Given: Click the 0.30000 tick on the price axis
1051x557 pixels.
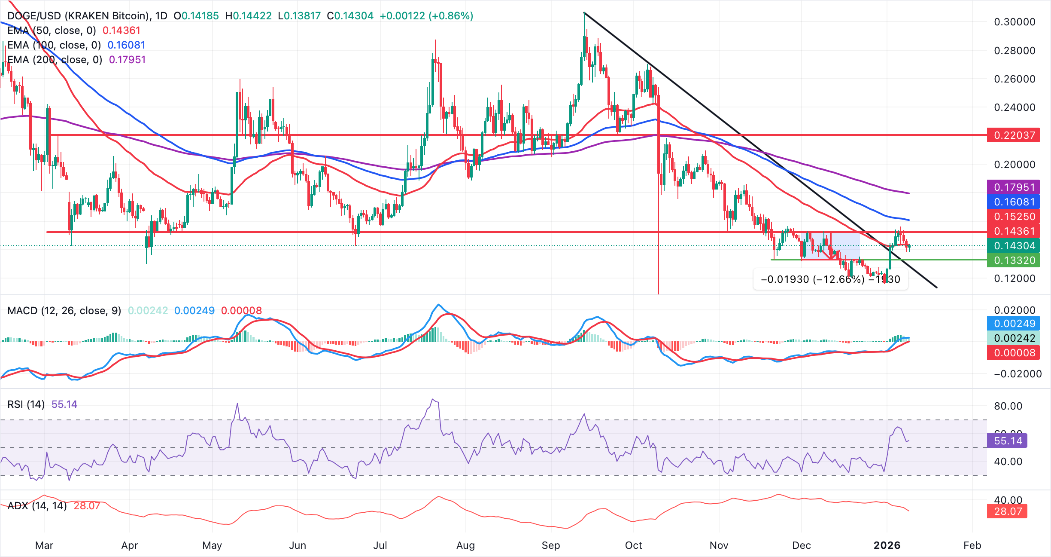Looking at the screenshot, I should click(1015, 22).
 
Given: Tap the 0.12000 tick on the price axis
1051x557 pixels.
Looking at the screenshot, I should click(1015, 278).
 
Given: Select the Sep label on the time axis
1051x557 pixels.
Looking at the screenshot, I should click(550, 545).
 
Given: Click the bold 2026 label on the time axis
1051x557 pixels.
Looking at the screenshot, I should click(887, 545).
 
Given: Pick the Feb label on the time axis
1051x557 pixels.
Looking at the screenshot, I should click(972, 545).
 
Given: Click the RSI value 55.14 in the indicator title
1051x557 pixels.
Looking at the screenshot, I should click(64, 404).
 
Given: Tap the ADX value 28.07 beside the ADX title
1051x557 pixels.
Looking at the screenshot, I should click(87, 506).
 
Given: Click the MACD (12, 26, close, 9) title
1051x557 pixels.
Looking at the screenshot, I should click(64, 311).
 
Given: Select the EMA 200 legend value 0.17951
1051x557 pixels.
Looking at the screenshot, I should click(127, 60).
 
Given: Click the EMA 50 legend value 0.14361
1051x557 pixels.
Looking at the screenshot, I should click(122, 31).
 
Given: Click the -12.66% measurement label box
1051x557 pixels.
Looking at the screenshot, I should click(830, 279).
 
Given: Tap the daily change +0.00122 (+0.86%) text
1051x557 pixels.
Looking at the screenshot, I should click(426, 16).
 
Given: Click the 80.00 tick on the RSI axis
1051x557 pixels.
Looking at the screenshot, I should click(1008, 406).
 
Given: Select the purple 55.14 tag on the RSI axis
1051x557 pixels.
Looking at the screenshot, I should click(1007, 441).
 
